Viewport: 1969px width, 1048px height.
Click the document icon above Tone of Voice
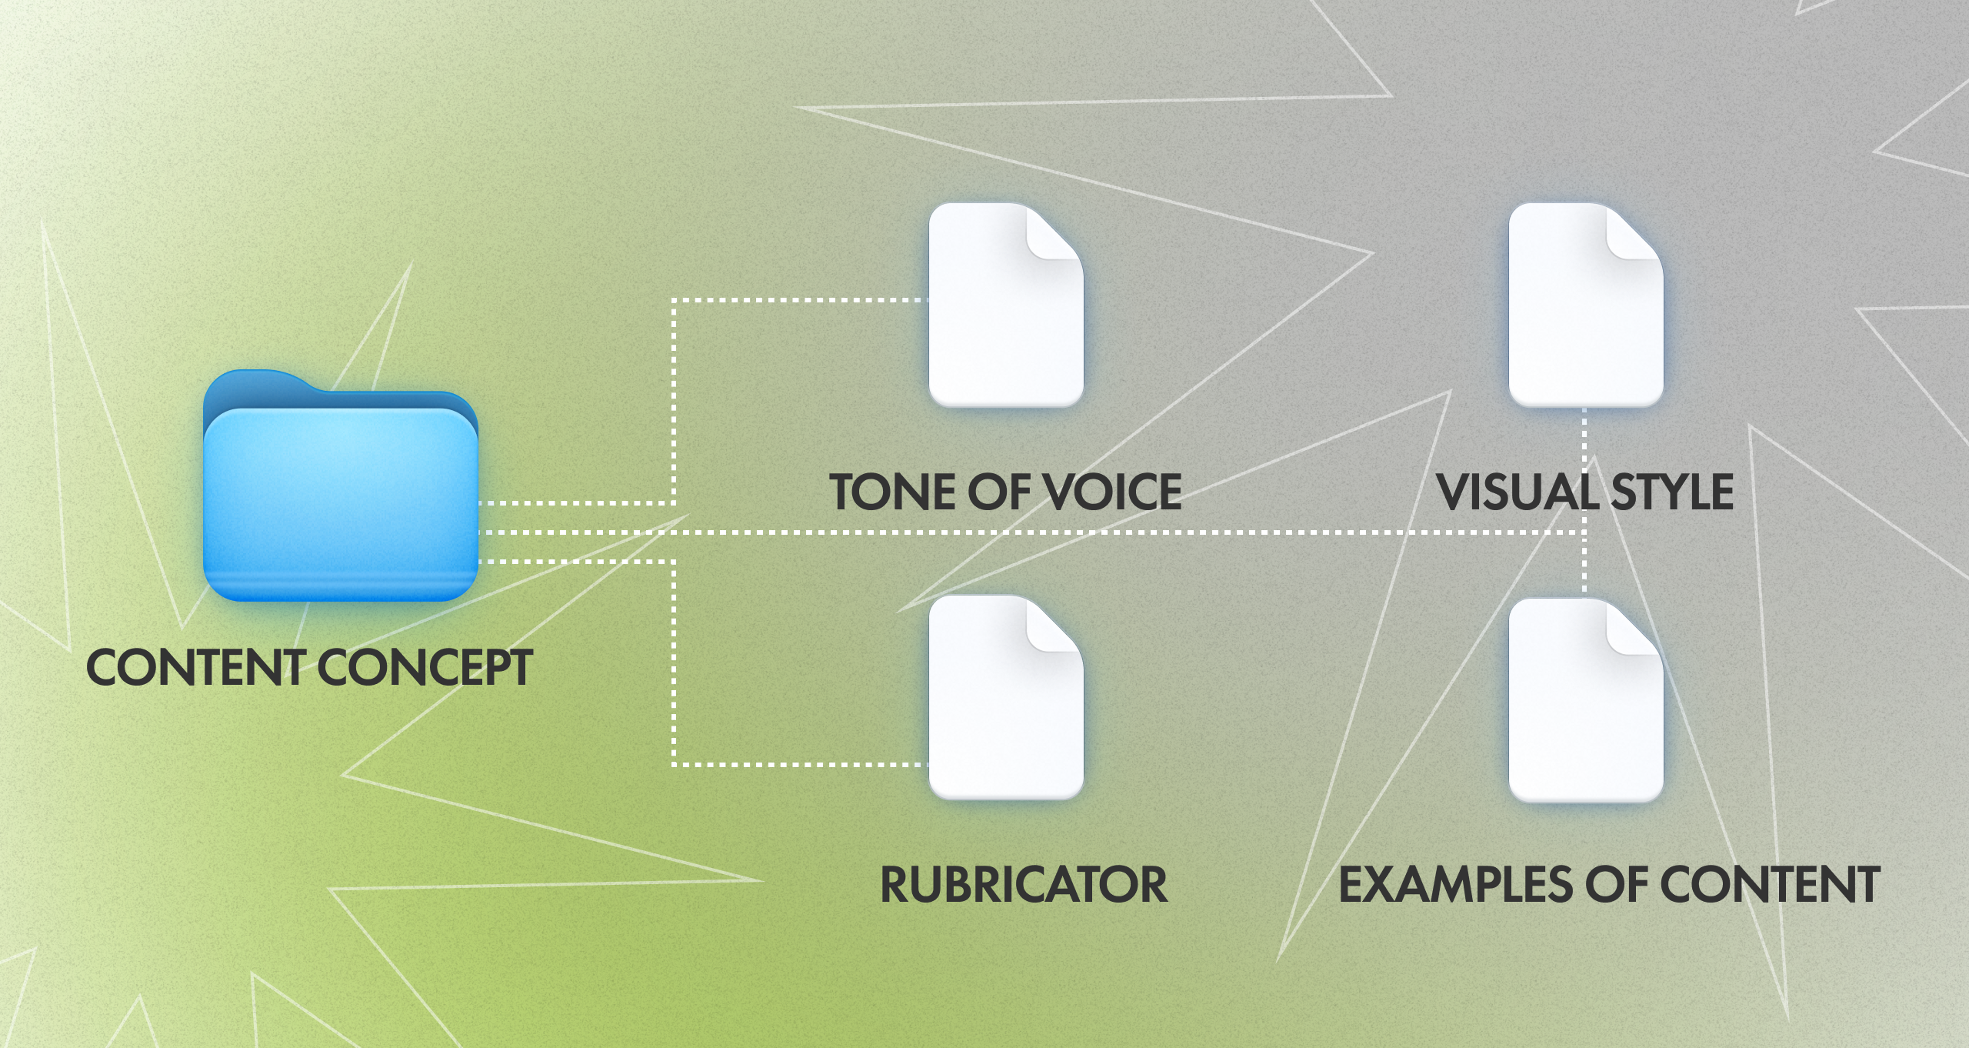1006,305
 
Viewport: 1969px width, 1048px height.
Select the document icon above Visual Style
1586,305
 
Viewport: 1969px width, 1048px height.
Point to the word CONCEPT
425,667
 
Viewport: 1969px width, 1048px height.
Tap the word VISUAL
1518,492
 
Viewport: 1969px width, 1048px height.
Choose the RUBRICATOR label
1024,885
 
